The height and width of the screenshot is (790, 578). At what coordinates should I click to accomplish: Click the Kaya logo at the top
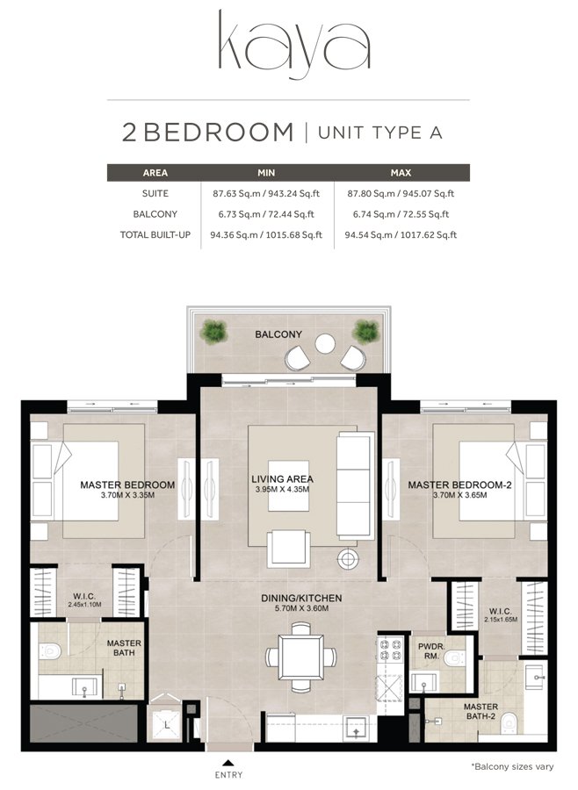(289, 42)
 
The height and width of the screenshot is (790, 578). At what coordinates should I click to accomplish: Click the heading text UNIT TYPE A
(379, 133)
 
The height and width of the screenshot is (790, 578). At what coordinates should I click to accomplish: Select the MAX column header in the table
(401, 173)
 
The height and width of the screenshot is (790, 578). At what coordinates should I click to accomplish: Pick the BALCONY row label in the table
(155, 214)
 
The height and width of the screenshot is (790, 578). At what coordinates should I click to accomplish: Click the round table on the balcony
(325, 343)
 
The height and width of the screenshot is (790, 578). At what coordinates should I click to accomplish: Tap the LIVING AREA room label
(282, 478)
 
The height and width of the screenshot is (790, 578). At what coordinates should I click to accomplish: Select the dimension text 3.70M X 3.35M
(127, 495)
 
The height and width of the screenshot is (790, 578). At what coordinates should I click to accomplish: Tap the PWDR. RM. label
(430, 650)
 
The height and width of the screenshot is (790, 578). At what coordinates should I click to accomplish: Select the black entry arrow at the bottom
(228, 762)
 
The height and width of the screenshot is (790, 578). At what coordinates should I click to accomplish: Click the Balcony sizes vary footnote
(512, 766)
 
